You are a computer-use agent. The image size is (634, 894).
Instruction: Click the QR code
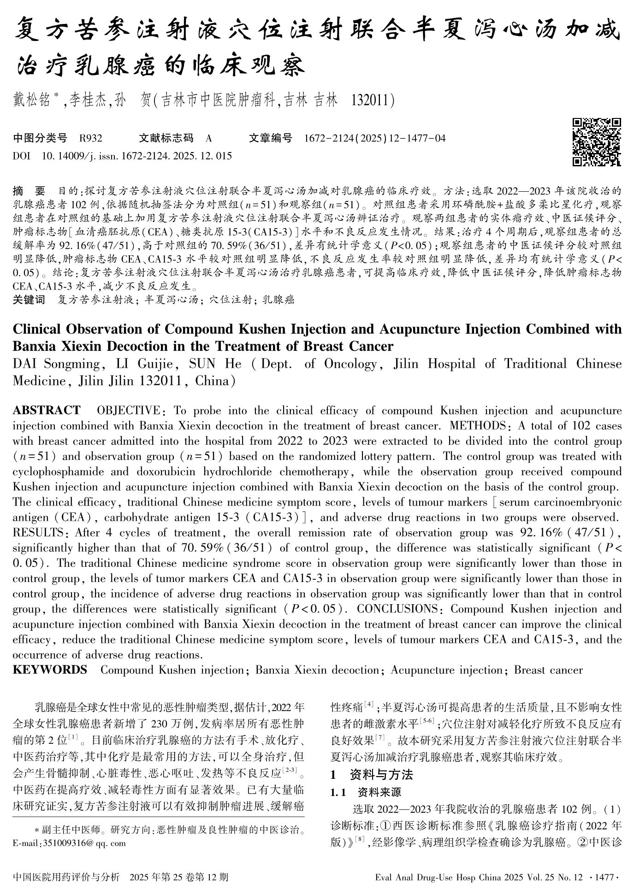coord(597,142)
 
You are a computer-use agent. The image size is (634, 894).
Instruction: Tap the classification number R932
coord(91,138)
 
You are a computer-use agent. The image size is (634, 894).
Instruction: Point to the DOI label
coord(21,156)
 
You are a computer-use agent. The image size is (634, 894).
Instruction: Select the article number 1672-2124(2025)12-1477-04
coord(375,138)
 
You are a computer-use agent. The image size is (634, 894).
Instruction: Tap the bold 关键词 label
coord(29,300)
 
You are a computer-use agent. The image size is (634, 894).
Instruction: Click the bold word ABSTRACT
coord(46,410)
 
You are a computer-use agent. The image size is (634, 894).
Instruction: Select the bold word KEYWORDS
coord(50,670)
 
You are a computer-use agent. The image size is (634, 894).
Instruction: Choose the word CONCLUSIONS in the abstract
coord(397,609)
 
